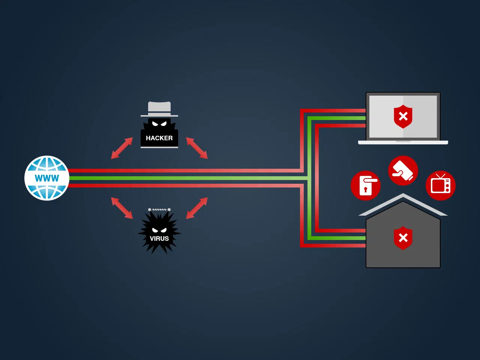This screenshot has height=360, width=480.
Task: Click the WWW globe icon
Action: [47, 178]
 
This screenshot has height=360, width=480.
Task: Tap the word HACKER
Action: [159, 138]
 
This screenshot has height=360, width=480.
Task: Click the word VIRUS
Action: [159, 238]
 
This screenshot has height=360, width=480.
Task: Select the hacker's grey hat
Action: [159, 109]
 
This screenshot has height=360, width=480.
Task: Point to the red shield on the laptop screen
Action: [403, 117]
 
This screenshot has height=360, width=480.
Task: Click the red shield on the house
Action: [403, 238]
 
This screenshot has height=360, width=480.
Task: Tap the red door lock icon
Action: [365, 185]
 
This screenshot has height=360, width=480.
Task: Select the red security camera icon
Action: [403, 171]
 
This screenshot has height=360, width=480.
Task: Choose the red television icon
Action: [440, 185]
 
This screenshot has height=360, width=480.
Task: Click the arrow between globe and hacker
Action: [122, 148]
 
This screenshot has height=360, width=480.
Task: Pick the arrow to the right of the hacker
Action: [197, 148]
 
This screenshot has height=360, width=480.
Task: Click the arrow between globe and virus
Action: [122, 208]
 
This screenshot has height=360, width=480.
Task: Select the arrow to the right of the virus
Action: [197, 208]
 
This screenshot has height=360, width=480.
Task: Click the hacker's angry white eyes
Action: [159, 124]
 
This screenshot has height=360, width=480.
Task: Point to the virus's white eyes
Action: [159, 230]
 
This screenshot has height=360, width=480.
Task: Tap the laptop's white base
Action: [403, 142]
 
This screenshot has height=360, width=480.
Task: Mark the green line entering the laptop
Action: [336, 118]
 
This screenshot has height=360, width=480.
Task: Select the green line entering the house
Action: [336, 238]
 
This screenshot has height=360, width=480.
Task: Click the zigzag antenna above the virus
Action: [159, 210]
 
